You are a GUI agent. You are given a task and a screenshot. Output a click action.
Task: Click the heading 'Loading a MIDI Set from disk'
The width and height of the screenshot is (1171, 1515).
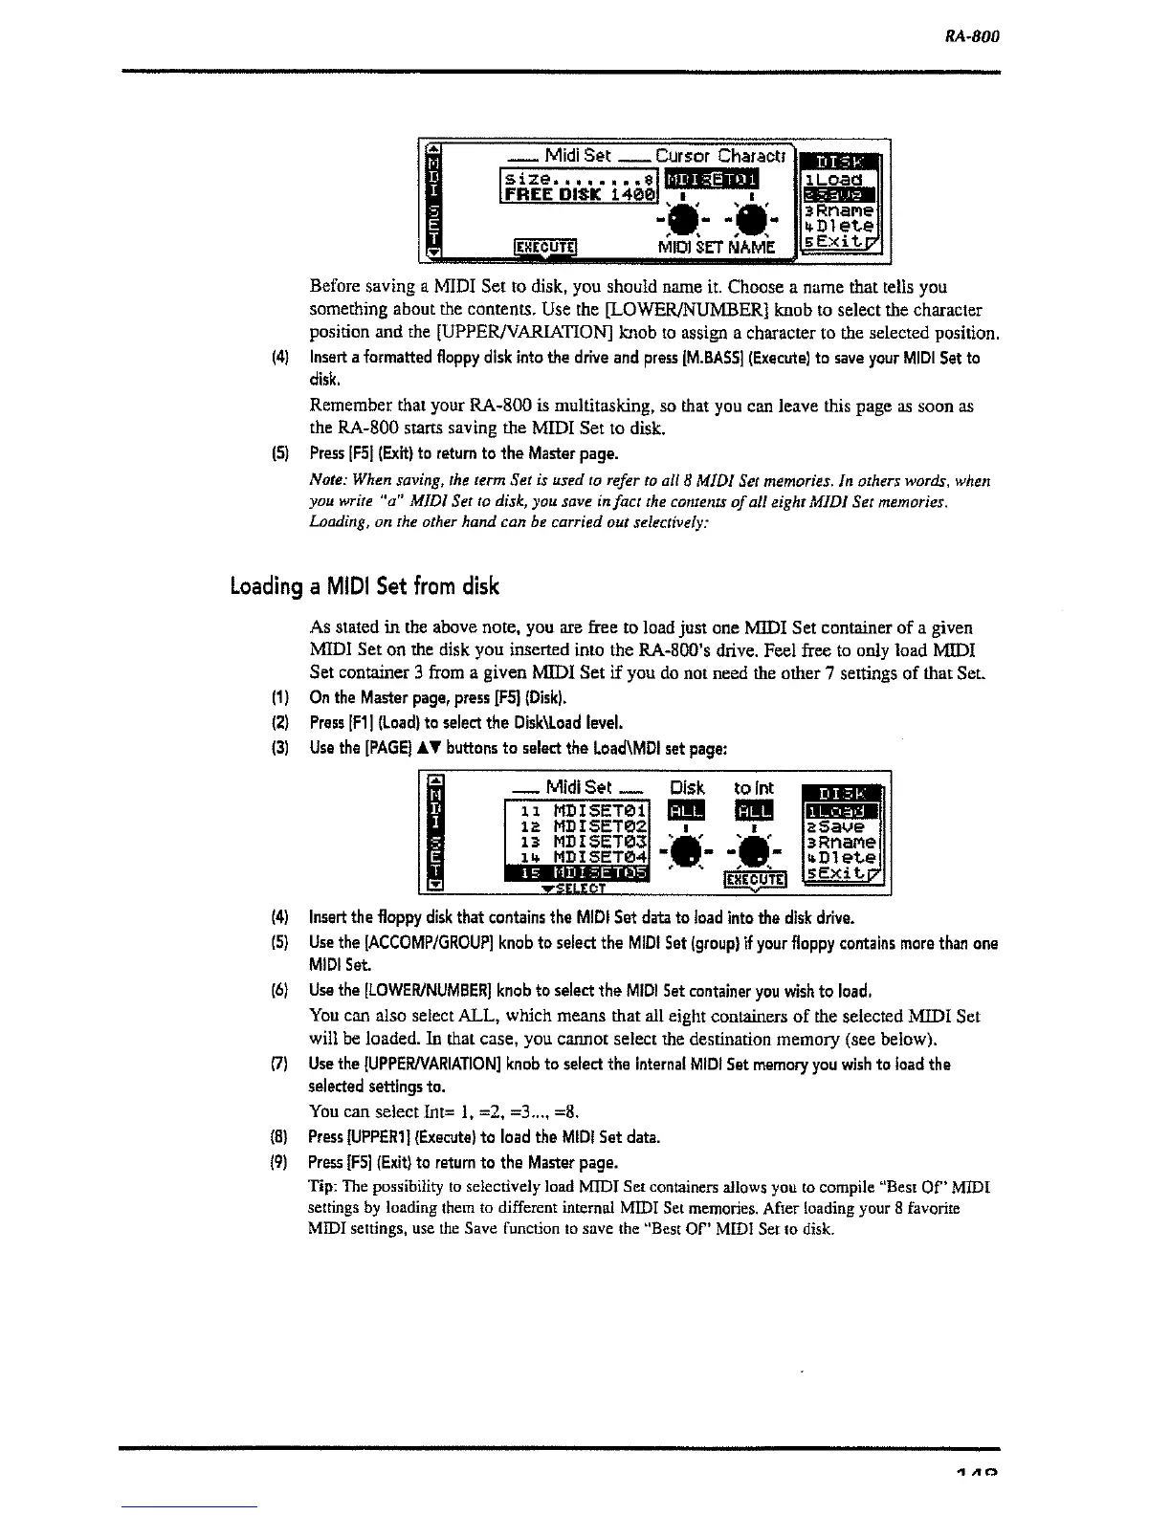coord(364,585)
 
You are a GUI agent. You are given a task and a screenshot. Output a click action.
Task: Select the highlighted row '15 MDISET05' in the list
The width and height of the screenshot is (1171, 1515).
coord(578,873)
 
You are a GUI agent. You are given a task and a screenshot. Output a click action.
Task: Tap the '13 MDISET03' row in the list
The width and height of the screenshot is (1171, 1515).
coord(578,842)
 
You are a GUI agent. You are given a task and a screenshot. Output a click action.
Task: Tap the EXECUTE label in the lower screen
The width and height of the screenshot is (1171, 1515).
coord(755,879)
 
